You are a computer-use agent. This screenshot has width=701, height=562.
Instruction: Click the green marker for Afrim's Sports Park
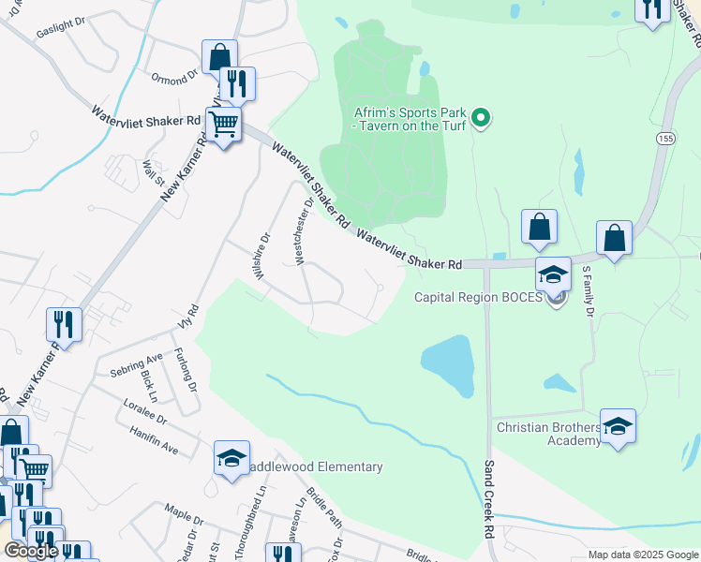481,117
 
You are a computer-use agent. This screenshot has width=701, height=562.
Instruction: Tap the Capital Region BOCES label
479,298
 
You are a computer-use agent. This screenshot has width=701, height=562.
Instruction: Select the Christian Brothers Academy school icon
618,427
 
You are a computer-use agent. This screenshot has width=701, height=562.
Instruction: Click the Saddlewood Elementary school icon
231,458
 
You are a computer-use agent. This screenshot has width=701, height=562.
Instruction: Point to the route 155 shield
666,137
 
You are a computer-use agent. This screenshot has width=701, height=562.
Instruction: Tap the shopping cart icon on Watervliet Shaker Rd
223,124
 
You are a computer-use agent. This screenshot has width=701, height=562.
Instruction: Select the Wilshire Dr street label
261,252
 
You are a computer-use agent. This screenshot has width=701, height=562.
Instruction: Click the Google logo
31,552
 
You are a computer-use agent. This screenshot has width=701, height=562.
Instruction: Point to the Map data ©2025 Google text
643,555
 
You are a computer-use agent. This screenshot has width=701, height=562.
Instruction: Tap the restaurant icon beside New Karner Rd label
63,324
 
